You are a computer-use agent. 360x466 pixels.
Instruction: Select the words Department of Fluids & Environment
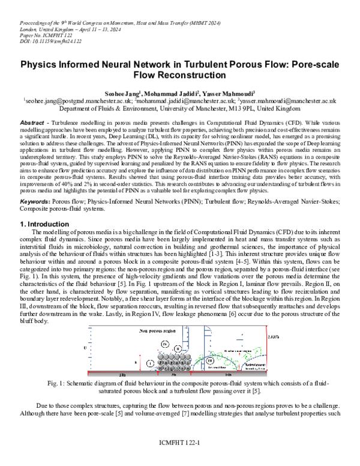pos(112,110)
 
